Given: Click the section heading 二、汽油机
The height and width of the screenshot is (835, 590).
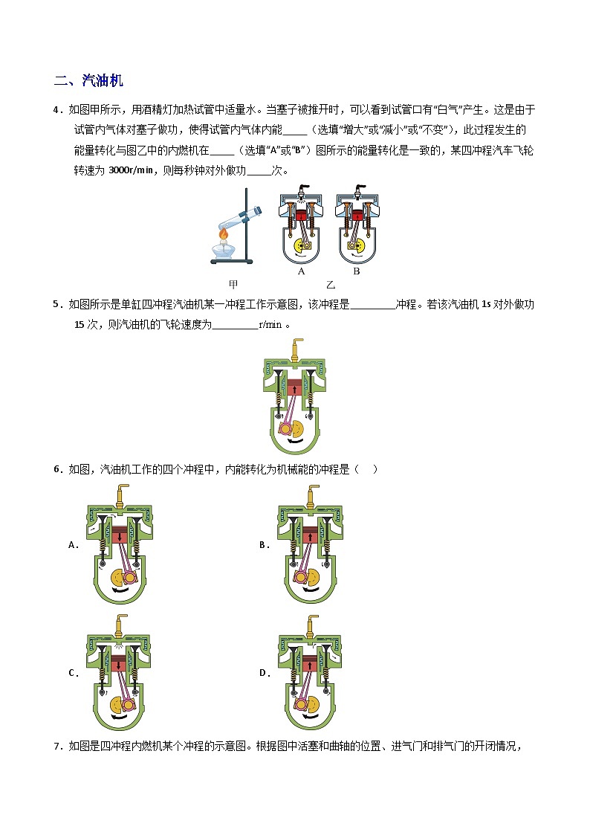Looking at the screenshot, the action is click(88, 80).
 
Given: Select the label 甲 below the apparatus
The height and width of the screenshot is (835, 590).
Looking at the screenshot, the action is click(233, 284).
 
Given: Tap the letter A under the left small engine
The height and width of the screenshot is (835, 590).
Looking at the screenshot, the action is click(301, 271).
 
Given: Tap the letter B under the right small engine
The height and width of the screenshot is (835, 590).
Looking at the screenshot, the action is click(357, 271).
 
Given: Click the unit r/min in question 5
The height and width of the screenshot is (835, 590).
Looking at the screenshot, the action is click(270, 324).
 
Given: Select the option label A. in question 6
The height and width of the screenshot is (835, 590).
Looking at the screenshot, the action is click(74, 545).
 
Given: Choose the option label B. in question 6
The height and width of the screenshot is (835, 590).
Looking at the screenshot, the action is click(265, 545).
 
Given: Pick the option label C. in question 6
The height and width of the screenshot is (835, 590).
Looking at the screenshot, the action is click(74, 673).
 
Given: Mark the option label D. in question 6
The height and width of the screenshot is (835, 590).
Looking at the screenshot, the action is click(265, 673).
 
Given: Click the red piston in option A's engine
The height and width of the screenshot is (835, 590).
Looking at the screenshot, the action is click(120, 535).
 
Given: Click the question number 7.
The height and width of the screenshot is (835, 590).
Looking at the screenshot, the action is click(58, 747).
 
